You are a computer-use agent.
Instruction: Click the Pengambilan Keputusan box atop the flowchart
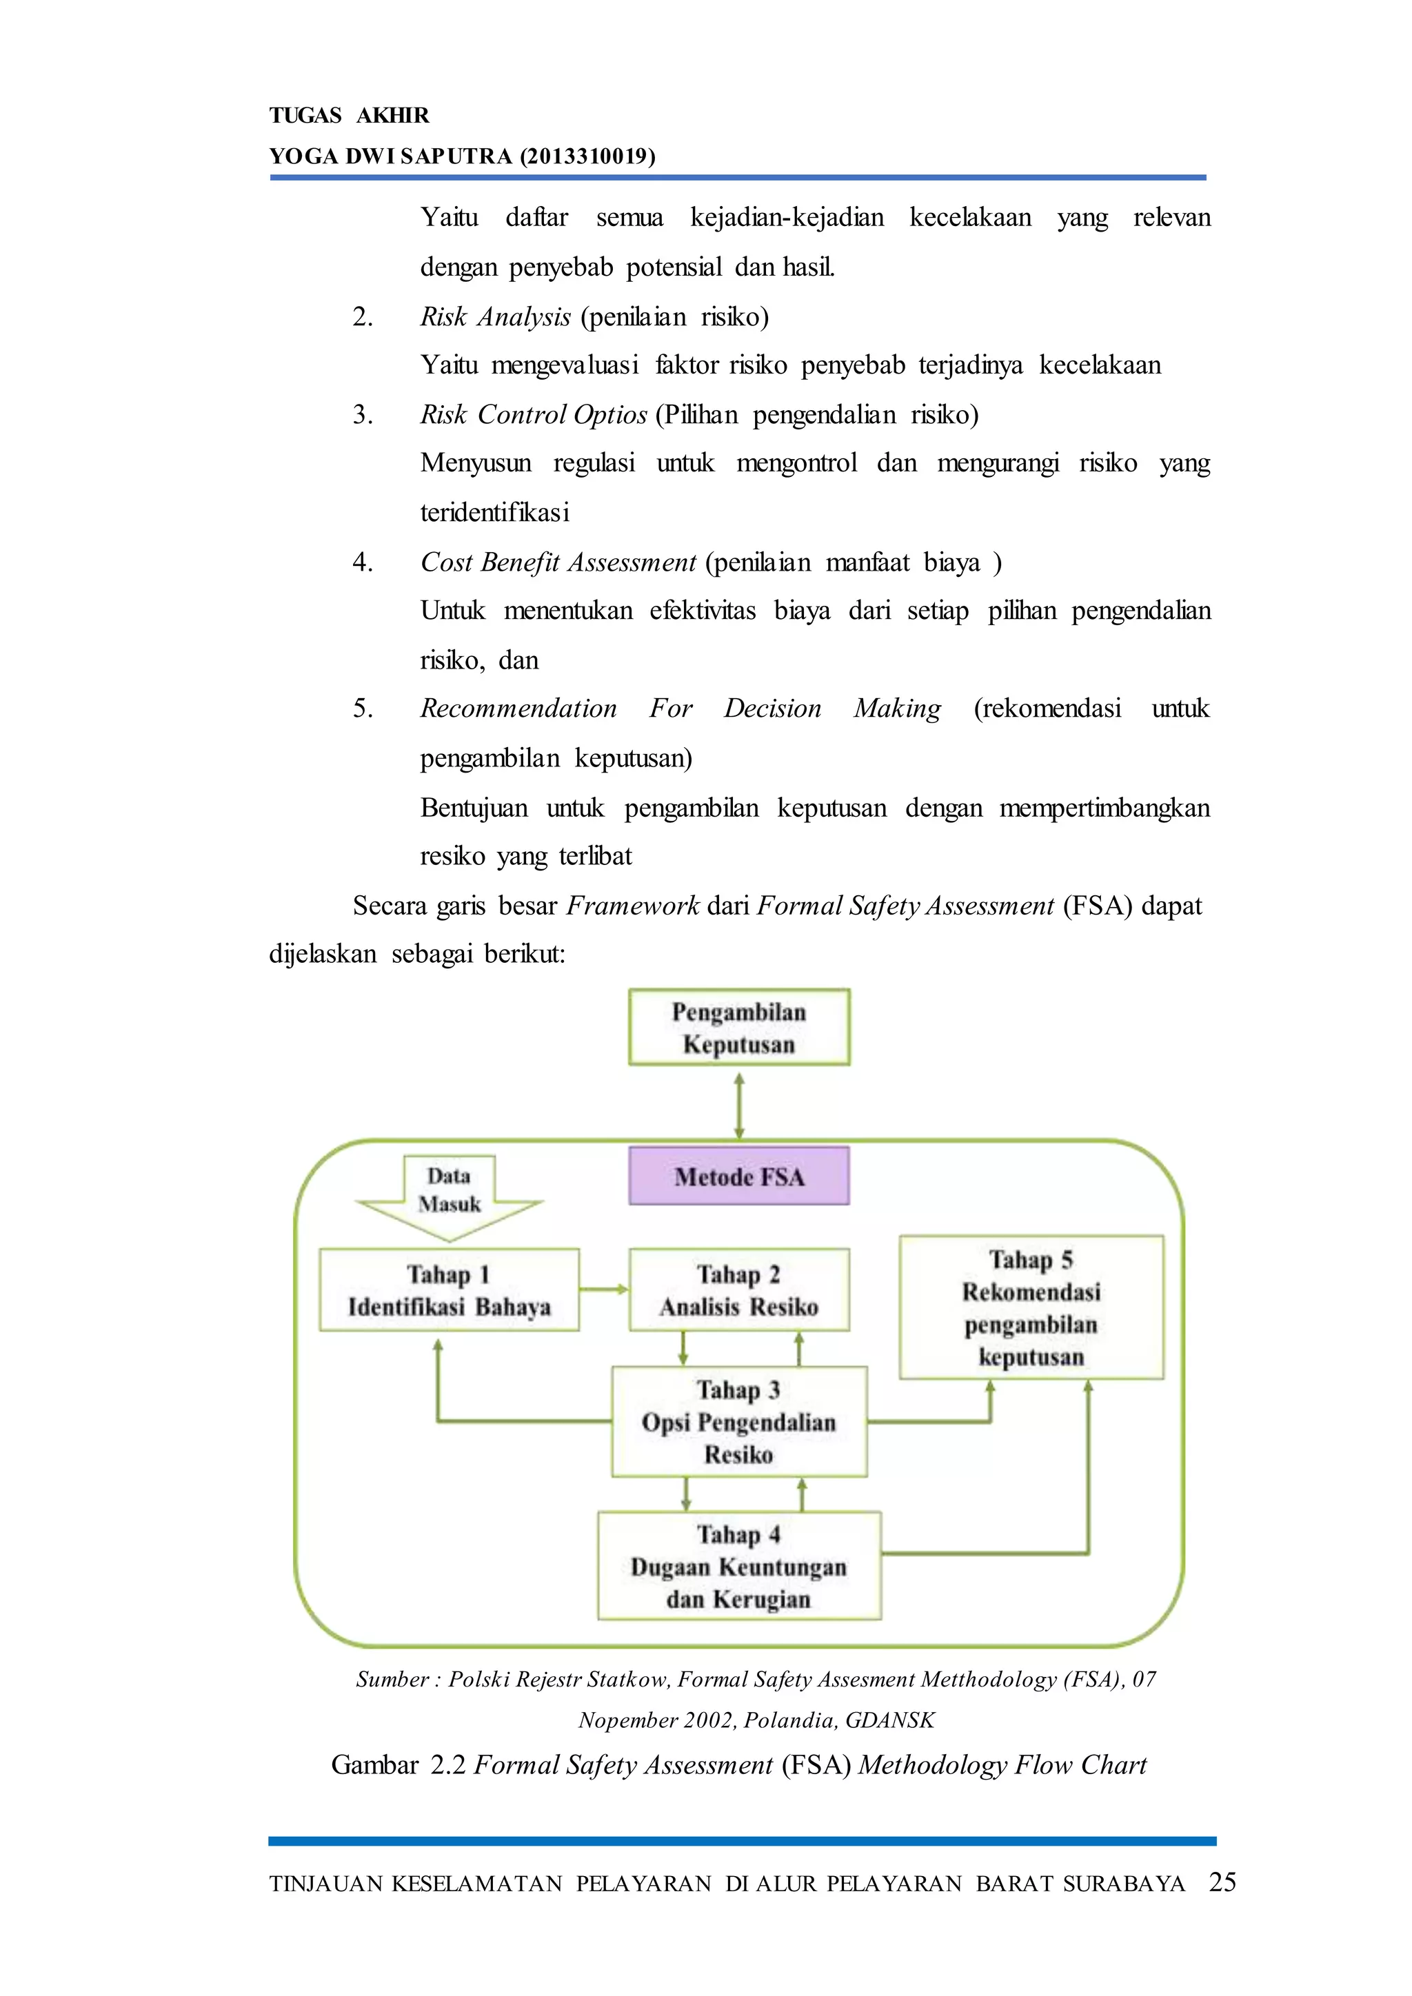click(739, 1027)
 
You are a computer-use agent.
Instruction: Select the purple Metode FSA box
click(739, 1177)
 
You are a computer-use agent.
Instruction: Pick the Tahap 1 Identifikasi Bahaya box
click(449, 1290)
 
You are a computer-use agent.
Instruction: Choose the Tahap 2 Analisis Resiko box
click(739, 1290)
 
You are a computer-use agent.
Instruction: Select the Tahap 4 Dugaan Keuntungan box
click(739, 1567)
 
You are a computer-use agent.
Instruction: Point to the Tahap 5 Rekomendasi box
click(1031, 1307)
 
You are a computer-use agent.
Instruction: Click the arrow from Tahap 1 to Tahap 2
click(604, 1290)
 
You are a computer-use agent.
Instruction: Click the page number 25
click(1222, 1882)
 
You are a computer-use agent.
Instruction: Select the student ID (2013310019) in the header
click(587, 156)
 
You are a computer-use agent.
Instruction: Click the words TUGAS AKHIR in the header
click(349, 116)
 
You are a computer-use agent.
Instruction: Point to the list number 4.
click(363, 562)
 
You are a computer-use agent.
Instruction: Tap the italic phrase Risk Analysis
click(496, 316)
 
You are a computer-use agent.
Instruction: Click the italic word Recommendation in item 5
click(519, 709)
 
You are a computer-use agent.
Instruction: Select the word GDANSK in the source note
click(889, 1720)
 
